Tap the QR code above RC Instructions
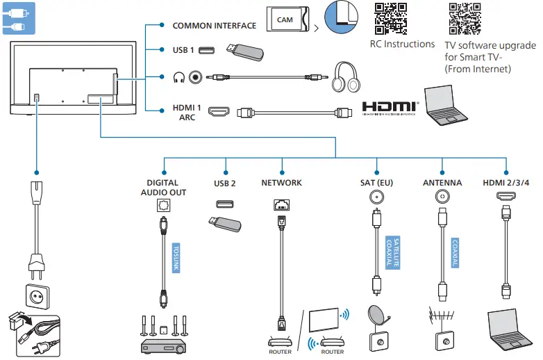(x=391, y=18)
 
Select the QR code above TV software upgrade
(x=465, y=19)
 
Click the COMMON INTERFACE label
(x=214, y=26)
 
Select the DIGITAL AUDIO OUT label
(x=163, y=188)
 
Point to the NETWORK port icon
(x=282, y=204)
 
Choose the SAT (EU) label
(x=377, y=183)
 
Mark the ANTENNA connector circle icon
(x=442, y=197)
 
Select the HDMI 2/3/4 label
(x=506, y=183)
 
